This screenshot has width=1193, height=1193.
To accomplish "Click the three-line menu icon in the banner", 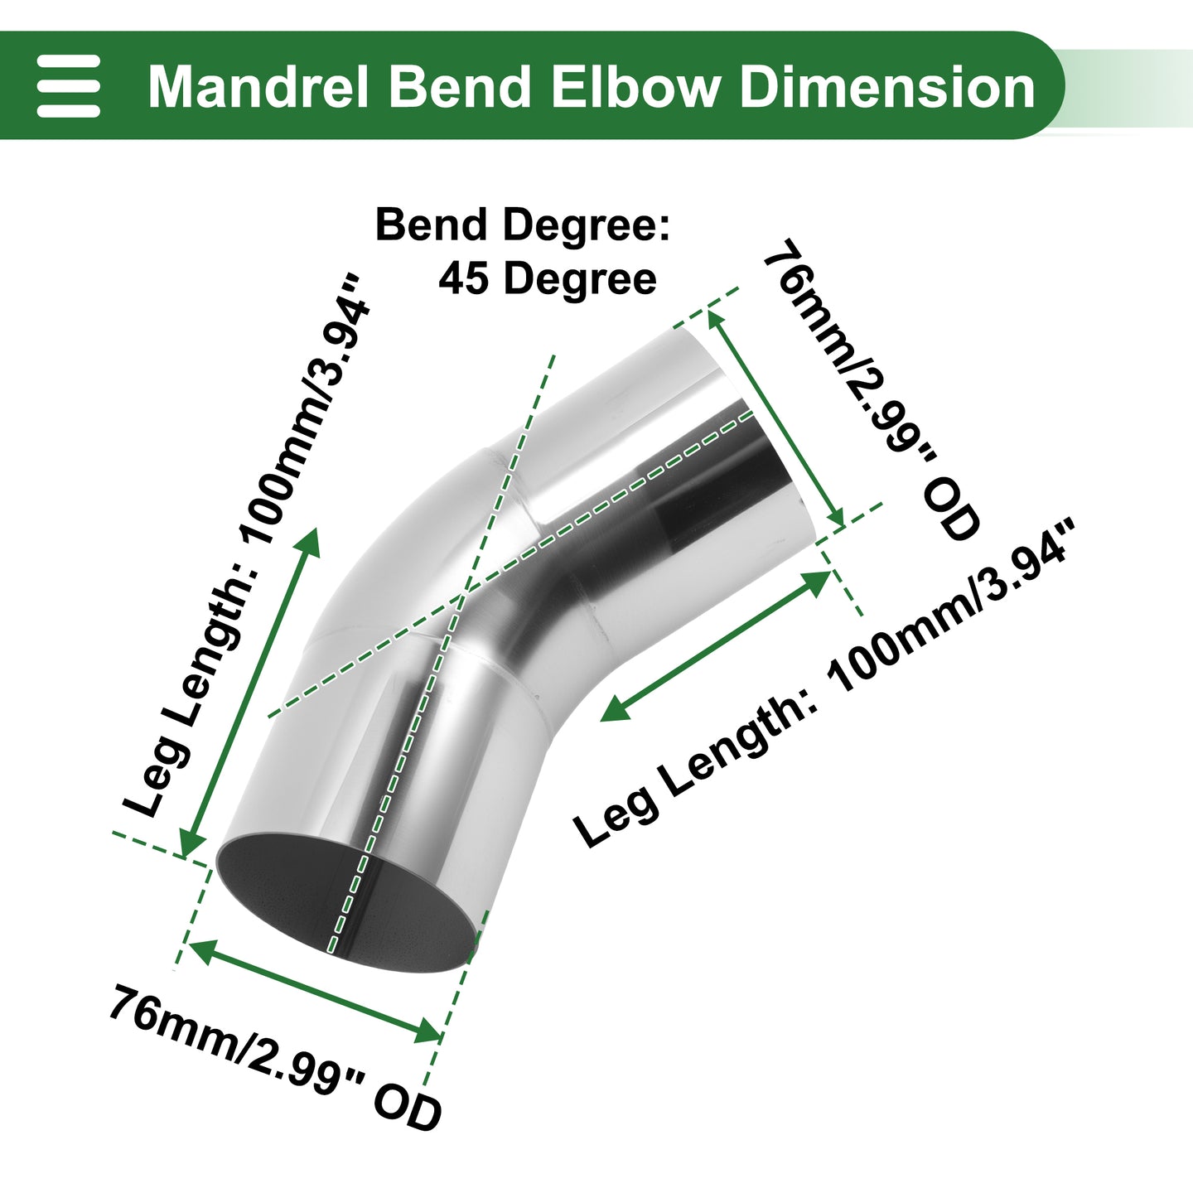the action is pyautogui.click(x=68, y=85).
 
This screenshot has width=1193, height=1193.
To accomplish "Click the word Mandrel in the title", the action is pyautogui.click(x=258, y=87).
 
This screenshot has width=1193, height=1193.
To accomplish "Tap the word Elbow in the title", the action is pyautogui.click(x=637, y=87).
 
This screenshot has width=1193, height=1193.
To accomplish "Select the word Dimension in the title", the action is pyautogui.click(x=887, y=87).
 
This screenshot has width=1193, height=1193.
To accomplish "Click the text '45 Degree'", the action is pyautogui.click(x=548, y=278).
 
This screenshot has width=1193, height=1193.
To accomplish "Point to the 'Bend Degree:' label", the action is pyautogui.click(x=523, y=225).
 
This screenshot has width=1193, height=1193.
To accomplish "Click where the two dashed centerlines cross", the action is pyautogui.click(x=463, y=599).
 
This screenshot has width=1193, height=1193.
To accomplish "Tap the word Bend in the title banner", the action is pyautogui.click(x=459, y=87).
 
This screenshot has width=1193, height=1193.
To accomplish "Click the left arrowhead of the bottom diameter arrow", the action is pyautogui.click(x=204, y=949).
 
